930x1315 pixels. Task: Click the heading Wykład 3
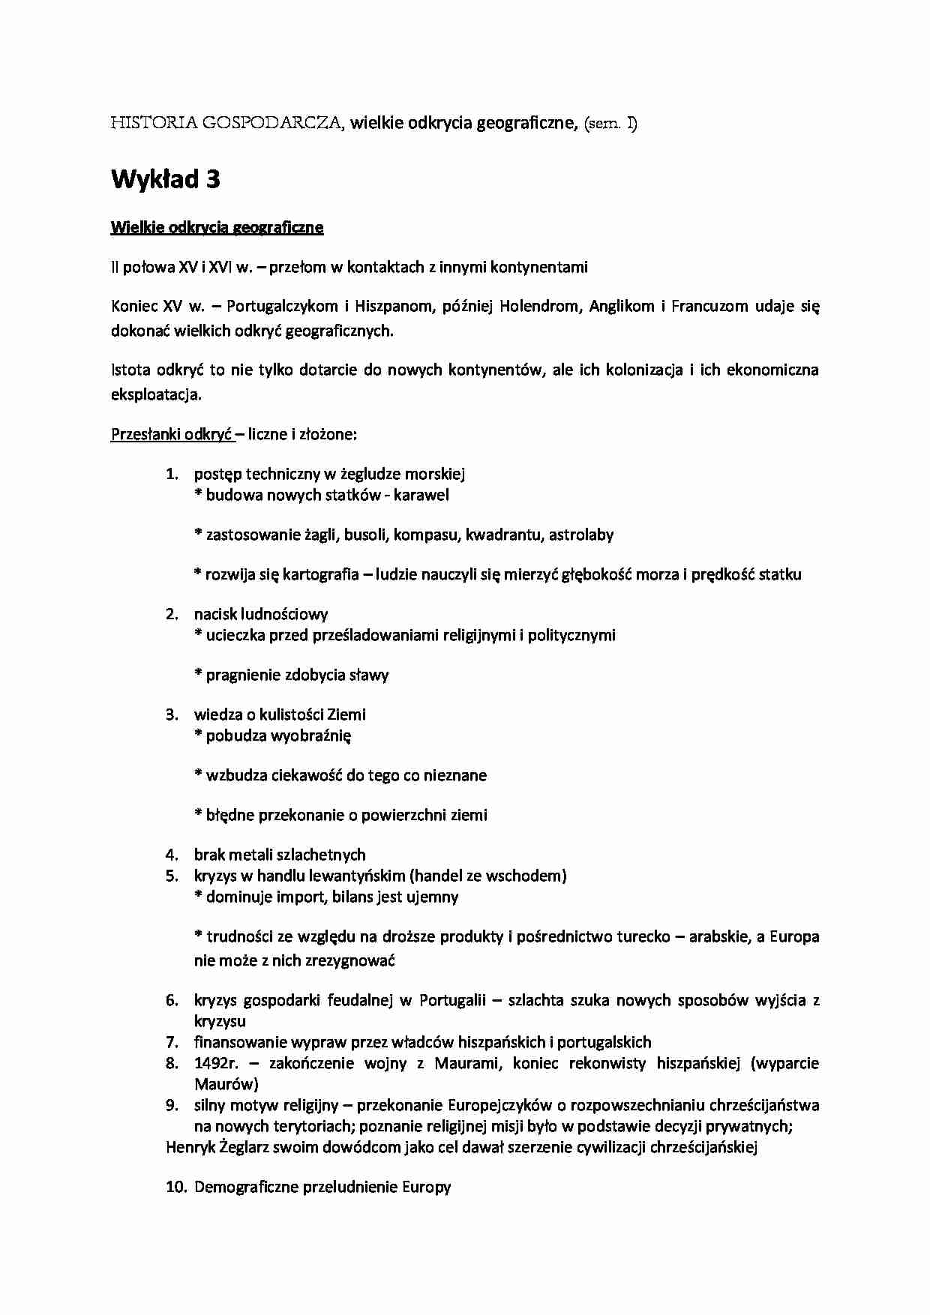[165, 180]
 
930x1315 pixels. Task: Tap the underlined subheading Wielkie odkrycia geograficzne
[217, 228]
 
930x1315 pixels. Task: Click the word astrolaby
[581, 535]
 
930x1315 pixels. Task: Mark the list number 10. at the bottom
[175, 1187]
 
